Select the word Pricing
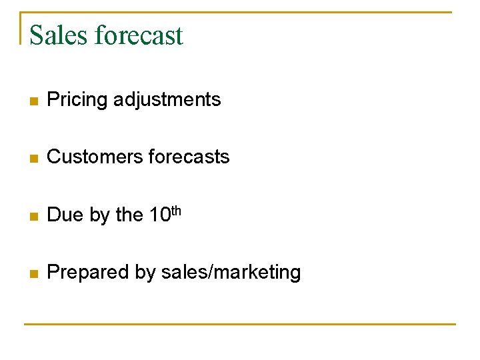pos(77,100)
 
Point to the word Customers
pos(91,157)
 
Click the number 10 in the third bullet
pos(159,215)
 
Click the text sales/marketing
pos(231,272)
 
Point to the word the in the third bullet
pos(129,215)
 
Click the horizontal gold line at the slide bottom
pos(240,324)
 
